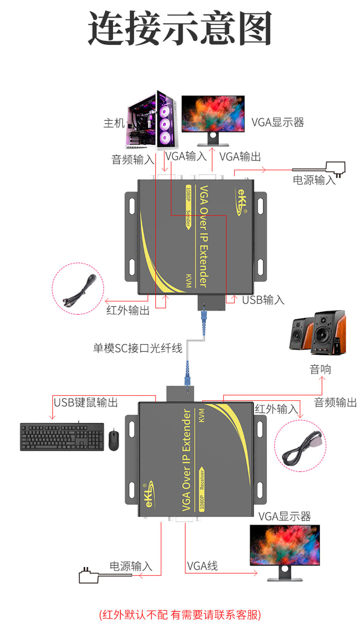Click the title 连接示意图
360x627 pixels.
[x=180, y=28]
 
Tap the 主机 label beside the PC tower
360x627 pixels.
[x=114, y=123]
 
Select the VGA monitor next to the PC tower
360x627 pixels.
[x=213, y=116]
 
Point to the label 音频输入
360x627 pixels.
[x=133, y=159]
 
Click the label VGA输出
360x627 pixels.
[x=240, y=157]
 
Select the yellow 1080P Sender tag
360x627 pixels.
[x=188, y=207]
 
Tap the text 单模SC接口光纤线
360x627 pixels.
[x=137, y=348]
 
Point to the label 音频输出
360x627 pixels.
[x=335, y=403]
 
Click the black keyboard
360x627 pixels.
[x=62, y=437]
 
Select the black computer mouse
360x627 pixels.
[x=114, y=440]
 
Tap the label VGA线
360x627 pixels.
[x=202, y=566]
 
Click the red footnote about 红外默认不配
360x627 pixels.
[x=180, y=615]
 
